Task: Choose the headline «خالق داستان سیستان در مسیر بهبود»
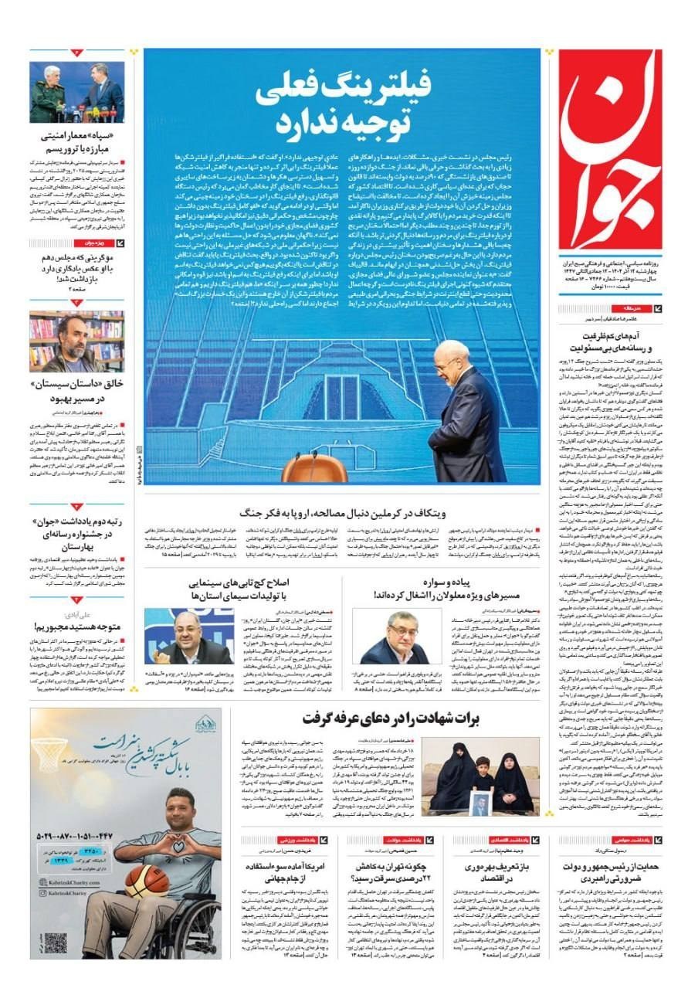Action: point(78,391)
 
